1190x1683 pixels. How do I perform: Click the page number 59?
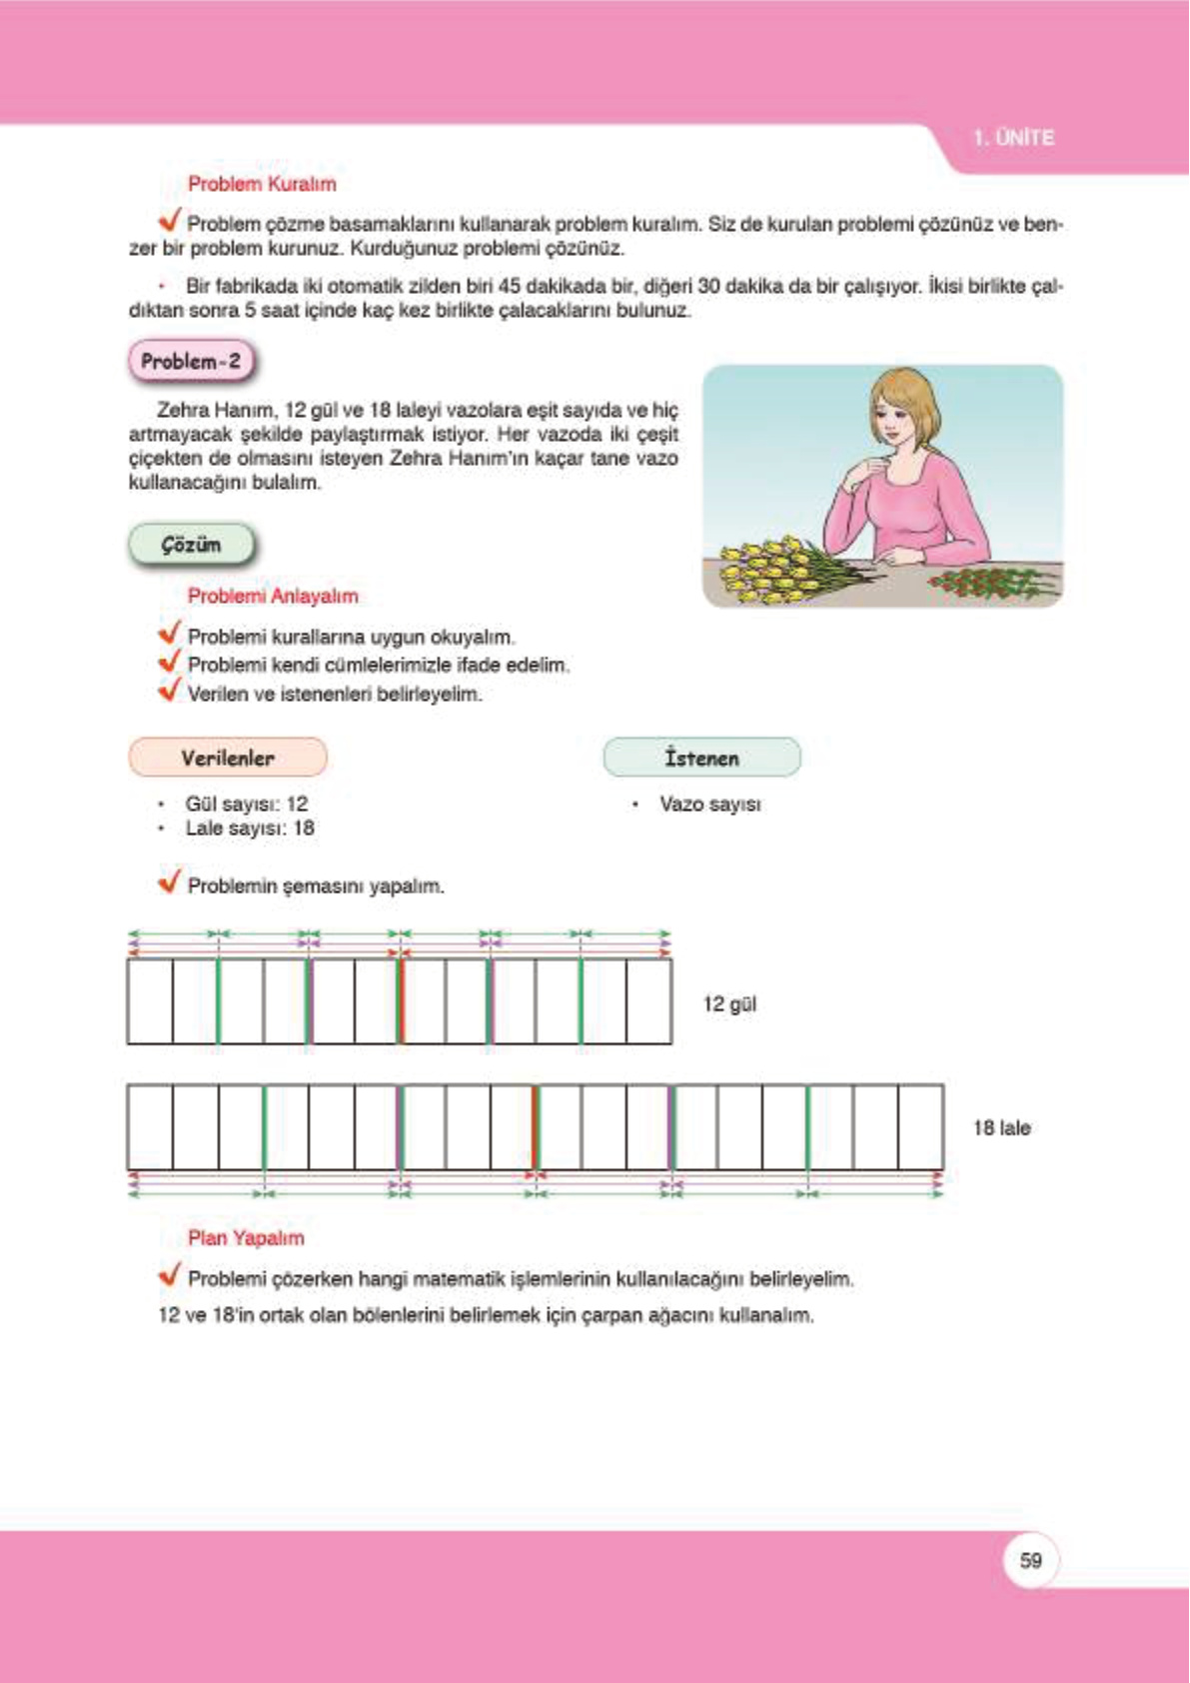(1030, 1560)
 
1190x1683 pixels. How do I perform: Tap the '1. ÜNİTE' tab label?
(1013, 138)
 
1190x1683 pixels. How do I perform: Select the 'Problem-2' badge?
(191, 362)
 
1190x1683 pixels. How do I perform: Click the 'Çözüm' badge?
(191, 545)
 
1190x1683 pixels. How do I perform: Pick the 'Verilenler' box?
(228, 758)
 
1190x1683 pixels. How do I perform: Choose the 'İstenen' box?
(701, 758)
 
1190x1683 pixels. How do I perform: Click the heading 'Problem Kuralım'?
(262, 184)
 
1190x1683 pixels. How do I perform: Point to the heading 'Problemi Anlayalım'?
(273, 596)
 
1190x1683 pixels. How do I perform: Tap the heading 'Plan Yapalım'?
(246, 1237)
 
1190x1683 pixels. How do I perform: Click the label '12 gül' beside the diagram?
(729, 1004)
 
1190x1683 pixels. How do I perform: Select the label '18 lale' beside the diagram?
(1001, 1128)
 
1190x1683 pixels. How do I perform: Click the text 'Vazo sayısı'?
(709, 805)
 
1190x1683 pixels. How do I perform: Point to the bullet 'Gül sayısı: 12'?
(246, 804)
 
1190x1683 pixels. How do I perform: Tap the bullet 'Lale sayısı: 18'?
(249, 829)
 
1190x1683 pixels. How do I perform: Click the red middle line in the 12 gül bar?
(401, 1001)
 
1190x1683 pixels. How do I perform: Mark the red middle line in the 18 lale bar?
(536, 1127)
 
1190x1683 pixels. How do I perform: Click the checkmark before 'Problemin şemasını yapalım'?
(170, 881)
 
